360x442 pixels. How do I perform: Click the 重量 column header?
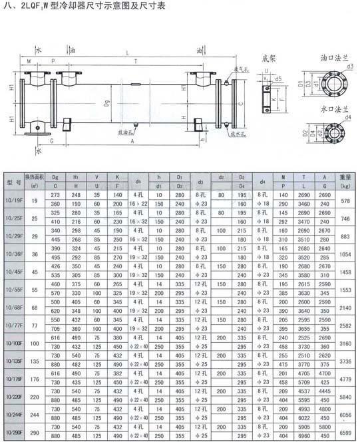tap(345, 178)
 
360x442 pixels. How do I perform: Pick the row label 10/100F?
tap(14, 343)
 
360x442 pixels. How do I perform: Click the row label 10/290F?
tap(14, 432)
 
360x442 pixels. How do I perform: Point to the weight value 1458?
tap(345, 272)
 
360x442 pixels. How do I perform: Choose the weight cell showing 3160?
tap(345, 343)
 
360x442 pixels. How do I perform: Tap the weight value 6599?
tap(345, 432)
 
